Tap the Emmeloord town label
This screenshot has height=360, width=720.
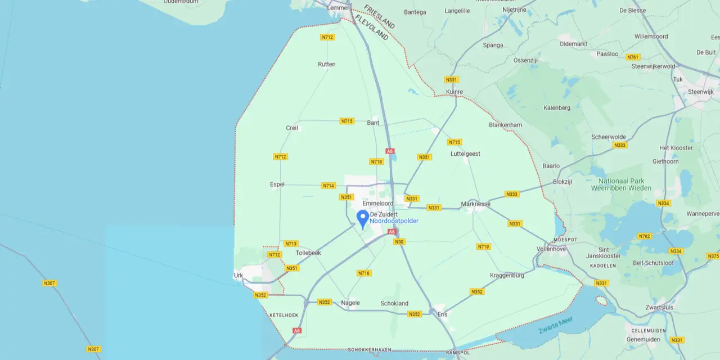(x=378, y=204)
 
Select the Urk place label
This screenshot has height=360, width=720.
(x=238, y=276)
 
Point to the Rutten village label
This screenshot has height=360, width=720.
(x=327, y=64)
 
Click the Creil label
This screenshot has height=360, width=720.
(x=292, y=128)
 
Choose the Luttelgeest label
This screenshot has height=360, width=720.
(x=465, y=154)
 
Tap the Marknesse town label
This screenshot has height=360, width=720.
(x=475, y=204)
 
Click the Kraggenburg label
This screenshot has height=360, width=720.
(x=507, y=276)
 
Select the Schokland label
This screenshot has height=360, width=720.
(x=394, y=304)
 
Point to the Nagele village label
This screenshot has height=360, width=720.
(x=350, y=303)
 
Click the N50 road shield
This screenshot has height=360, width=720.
(x=399, y=242)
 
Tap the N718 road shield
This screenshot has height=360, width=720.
(x=376, y=162)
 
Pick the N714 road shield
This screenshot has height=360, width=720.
(x=328, y=186)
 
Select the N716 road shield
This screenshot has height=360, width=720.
(x=364, y=273)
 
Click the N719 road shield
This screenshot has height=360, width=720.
(x=483, y=247)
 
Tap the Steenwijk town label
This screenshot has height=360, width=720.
(x=701, y=92)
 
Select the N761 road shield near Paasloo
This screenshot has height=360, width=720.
(x=633, y=57)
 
